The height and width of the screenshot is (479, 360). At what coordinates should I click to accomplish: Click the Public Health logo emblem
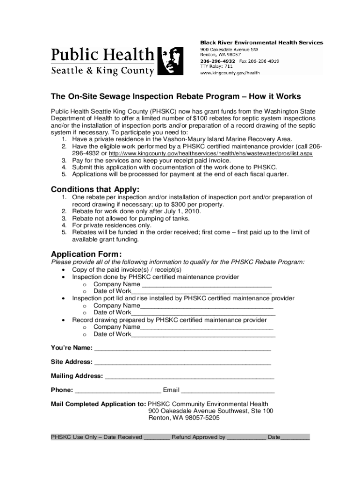169,61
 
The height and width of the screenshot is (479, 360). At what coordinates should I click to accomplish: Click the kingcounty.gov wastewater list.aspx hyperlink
210,153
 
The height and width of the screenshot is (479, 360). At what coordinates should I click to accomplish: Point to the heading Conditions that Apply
95,189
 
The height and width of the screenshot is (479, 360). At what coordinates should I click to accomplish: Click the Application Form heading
86,254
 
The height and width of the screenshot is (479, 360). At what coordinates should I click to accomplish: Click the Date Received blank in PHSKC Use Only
157,437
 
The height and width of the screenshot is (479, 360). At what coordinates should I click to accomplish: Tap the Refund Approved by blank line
246,437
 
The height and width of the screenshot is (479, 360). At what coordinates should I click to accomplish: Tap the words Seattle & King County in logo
102,71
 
